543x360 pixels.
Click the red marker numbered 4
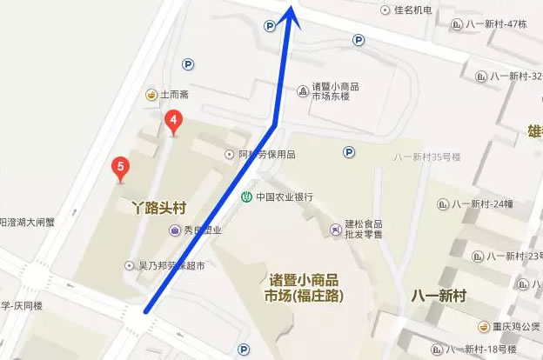[x=173, y=122]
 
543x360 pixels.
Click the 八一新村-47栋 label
[x=496, y=24]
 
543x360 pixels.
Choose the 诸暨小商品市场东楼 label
[x=336, y=92]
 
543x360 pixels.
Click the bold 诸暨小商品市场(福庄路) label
[x=304, y=288]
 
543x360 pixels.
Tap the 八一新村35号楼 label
[x=426, y=157]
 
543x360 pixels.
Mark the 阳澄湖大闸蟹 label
[x=26, y=222]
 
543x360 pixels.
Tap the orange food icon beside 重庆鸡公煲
[x=483, y=326]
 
